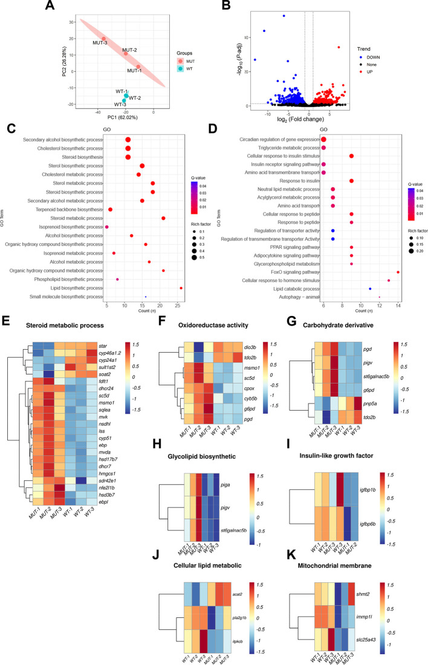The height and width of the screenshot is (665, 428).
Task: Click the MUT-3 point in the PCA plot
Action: (x=104, y=39)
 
